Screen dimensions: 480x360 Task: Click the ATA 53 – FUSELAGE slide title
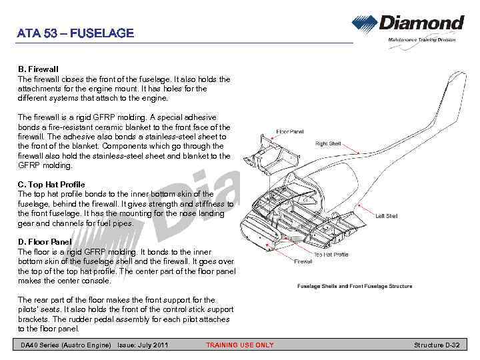pos(75,33)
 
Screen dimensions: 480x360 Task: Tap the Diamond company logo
pos(408,25)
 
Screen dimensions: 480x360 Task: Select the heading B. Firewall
pos(38,69)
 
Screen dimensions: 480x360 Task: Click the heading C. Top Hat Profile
pos(51,184)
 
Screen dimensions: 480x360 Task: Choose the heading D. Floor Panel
pos(45,241)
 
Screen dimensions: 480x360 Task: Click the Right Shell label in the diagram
pos(328,143)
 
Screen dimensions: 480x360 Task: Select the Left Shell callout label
pos(387,216)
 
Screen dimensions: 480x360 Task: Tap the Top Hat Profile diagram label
pos(331,254)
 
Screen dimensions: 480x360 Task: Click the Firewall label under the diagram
pos(303,261)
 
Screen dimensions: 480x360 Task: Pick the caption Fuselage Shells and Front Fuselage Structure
pos(354,286)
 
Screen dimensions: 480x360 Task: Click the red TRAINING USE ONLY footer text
pos(239,345)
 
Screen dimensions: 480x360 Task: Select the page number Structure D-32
pos(437,345)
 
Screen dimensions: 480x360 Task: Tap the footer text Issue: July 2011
pos(143,345)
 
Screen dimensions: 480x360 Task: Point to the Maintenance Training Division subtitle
pos(422,40)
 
